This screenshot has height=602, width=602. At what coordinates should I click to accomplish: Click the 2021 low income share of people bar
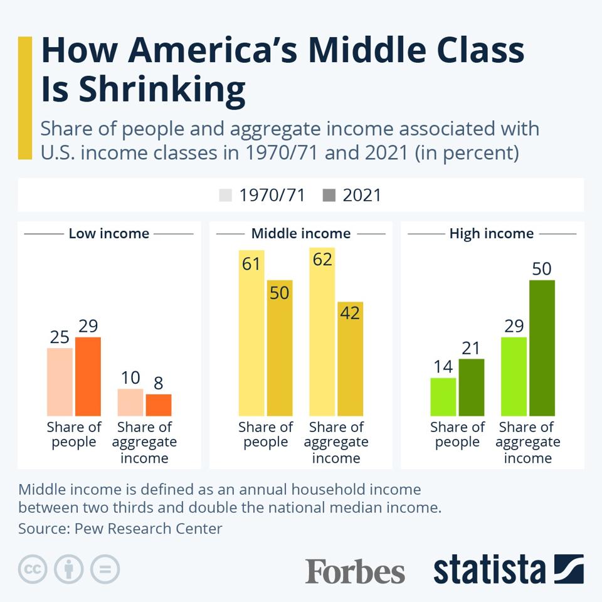[88, 376]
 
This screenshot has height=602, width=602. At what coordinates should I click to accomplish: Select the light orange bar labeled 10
[130, 402]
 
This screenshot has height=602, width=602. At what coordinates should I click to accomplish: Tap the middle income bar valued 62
[322, 339]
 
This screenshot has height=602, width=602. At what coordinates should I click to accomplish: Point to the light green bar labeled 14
[443, 396]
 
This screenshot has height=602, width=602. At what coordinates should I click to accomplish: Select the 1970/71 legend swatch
[226, 195]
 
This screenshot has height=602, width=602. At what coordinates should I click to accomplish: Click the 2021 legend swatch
[329, 195]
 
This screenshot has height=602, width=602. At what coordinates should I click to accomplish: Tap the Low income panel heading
[109, 234]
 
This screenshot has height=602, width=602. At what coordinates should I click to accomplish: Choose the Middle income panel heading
[301, 234]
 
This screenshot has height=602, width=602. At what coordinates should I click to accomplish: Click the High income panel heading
[492, 234]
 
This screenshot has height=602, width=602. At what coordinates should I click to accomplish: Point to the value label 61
[251, 264]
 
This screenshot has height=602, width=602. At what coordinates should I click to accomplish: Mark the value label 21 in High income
[471, 347]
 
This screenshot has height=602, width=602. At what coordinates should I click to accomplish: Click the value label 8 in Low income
[159, 383]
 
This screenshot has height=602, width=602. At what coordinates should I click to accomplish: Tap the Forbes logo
[355, 571]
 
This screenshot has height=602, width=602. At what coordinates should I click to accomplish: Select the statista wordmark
[489, 570]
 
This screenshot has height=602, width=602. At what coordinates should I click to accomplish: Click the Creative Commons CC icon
[33, 569]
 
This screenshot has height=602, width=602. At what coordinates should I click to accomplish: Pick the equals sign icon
[105, 569]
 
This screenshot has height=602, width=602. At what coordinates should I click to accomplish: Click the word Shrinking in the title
[162, 89]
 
